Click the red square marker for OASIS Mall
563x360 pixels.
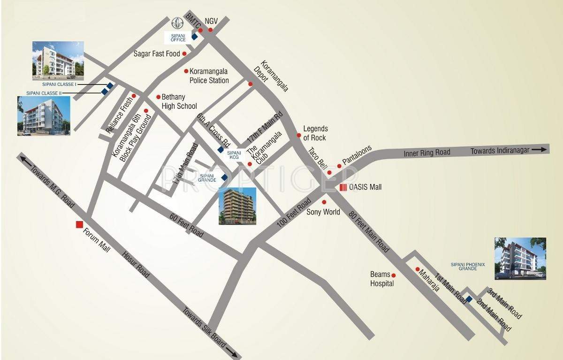pyautogui.click(x=343, y=187)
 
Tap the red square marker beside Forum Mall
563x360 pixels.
pyautogui.click(x=79, y=224)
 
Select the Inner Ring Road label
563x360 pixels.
pyautogui.click(x=427, y=152)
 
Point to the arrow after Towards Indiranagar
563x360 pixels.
pyautogui.click(x=540, y=150)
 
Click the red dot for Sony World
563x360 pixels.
pyautogui.click(x=324, y=202)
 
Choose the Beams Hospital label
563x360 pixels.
pyautogui.click(x=382, y=279)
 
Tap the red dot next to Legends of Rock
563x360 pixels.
pyautogui.click(x=298, y=135)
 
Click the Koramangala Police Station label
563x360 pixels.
pyautogui.click(x=209, y=76)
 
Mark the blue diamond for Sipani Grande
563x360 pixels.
pyautogui.click(x=224, y=177)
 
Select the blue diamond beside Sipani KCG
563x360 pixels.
pyautogui.click(x=220, y=150)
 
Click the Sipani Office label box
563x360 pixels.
pyautogui.click(x=178, y=38)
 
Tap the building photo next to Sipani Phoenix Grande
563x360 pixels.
pyautogui.click(x=520, y=258)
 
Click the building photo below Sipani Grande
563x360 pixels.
pyautogui.click(x=237, y=206)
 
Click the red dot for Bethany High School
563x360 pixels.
pyautogui.click(x=158, y=96)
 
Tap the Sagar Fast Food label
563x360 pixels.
pyautogui.click(x=157, y=54)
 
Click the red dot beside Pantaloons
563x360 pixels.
pyautogui.click(x=339, y=166)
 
